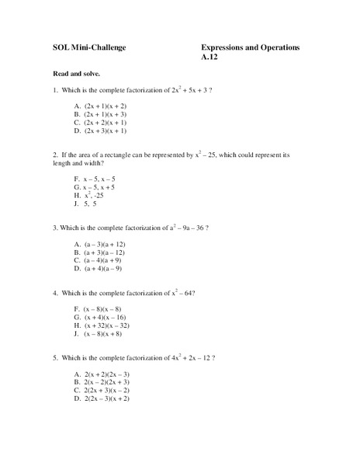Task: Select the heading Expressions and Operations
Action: [250, 47]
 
